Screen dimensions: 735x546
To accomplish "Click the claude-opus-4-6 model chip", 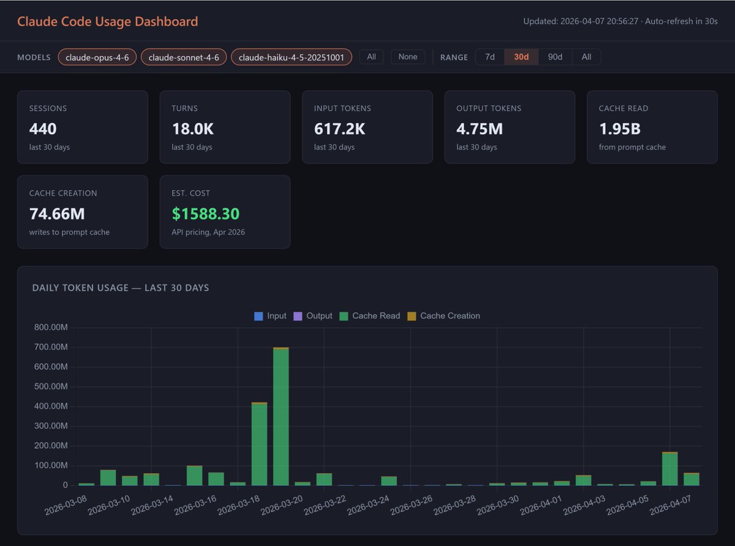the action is point(97,57).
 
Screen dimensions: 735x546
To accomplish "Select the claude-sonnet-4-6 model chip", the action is point(184,57).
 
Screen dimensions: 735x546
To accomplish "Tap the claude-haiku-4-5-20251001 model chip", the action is point(292,57).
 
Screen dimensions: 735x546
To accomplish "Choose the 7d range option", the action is point(490,57).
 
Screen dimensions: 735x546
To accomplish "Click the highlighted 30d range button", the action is point(521,57).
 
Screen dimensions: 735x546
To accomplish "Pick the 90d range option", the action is point(555,57).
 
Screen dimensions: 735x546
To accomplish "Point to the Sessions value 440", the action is point(43,129).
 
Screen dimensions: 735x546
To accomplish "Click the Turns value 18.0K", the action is point(193,129).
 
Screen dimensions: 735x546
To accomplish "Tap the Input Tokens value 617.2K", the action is point(340,129).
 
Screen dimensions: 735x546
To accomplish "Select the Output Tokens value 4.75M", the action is point(480,129).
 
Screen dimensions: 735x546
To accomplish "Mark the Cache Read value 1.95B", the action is point(620,129).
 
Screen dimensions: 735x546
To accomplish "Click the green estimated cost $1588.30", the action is point(205,214).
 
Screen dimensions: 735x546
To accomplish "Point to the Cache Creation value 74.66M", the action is point(57,214).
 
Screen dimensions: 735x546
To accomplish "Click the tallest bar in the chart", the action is point(281,416).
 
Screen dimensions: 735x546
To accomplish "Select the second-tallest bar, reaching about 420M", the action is point(260,444).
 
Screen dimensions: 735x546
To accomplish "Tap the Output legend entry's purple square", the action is point(298,316).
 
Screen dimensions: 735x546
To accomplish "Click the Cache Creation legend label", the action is point(450,316).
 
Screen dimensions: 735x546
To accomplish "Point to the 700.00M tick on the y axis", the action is point(51,347).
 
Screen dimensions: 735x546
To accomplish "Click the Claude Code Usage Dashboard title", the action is point(108,21).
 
